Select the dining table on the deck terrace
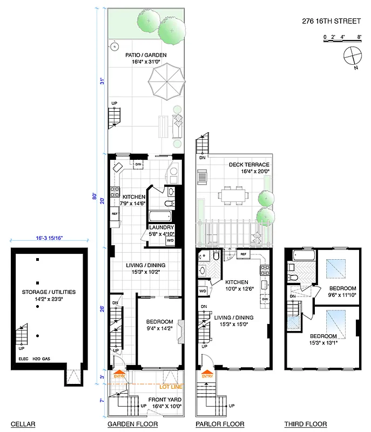coord(234,194)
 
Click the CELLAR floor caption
coord(23,424)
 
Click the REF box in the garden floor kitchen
coord(114,214)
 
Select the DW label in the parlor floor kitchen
coord(265,299)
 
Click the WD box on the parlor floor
coord(203,291)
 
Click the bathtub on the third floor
coord(298,267)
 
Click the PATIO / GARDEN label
coord(146,55)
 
